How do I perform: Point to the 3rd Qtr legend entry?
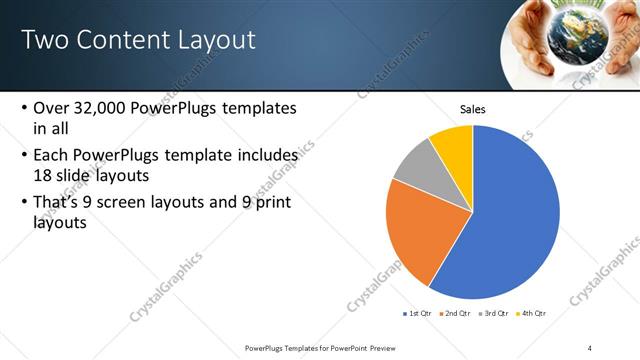495,313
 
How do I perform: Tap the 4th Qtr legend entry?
532,313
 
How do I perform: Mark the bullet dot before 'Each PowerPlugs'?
24,156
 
